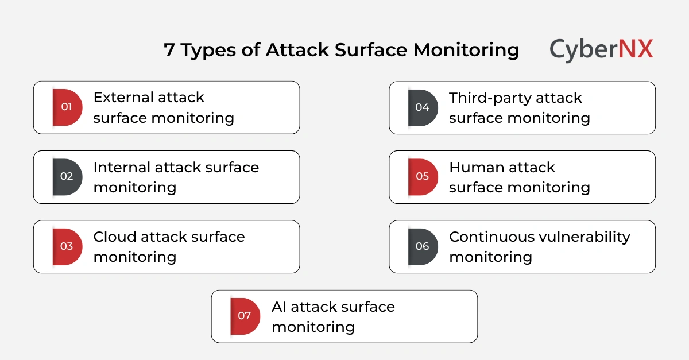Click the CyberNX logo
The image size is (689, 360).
[601, 49]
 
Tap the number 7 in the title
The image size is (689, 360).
[169, 51]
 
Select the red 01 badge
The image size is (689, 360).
[67, 107]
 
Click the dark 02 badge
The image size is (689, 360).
[67, 176]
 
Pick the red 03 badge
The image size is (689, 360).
[67, 246]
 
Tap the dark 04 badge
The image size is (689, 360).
[423, 107]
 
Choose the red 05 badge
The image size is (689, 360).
[423, 176]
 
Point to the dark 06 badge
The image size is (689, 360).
[423, 246]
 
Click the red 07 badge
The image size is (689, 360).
[245, 316]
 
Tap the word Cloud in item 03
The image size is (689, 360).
[114, 237]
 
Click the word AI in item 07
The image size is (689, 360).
[279, 307]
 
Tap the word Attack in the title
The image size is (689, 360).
[297, 51]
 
